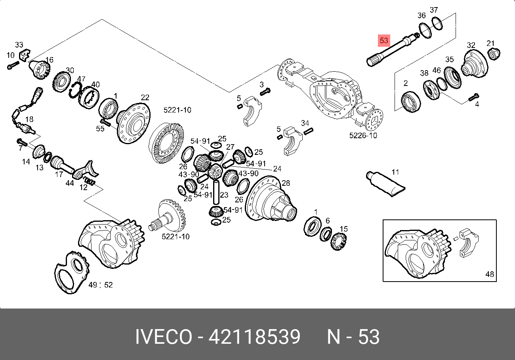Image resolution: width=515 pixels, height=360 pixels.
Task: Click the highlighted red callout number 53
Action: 384,41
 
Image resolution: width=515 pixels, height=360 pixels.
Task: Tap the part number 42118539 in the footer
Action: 254,337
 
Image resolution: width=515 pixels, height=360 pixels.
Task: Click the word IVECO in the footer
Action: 164,337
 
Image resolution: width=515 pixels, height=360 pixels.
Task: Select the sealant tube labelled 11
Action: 385,184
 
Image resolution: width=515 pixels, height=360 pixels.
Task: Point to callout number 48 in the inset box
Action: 490,274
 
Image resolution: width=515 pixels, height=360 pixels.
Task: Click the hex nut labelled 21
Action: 493,54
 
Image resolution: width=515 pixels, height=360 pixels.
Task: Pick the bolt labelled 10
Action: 13,65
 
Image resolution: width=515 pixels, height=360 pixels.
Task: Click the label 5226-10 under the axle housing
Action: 363,135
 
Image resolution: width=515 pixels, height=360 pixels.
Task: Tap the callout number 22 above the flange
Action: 145,97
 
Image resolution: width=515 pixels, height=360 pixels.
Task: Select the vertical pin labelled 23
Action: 216,192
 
